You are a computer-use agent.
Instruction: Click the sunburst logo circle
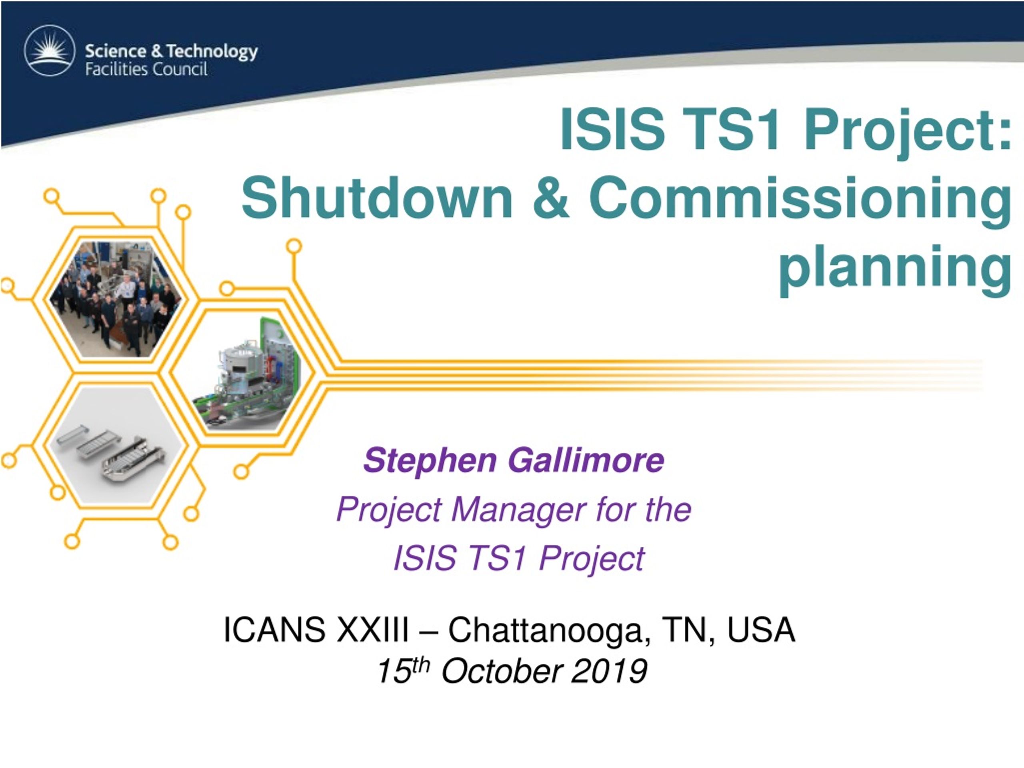pos(50,50)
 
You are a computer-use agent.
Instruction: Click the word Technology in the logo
pos(212,51)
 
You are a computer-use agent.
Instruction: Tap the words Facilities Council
pos(146,70)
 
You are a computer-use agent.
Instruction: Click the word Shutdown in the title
pos(377,198)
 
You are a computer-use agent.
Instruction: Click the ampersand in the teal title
pos(551,198)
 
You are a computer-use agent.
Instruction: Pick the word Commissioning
pos(800,203)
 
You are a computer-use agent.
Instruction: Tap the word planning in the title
pos(895,271)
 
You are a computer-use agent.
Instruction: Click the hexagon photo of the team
pos(116,299)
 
